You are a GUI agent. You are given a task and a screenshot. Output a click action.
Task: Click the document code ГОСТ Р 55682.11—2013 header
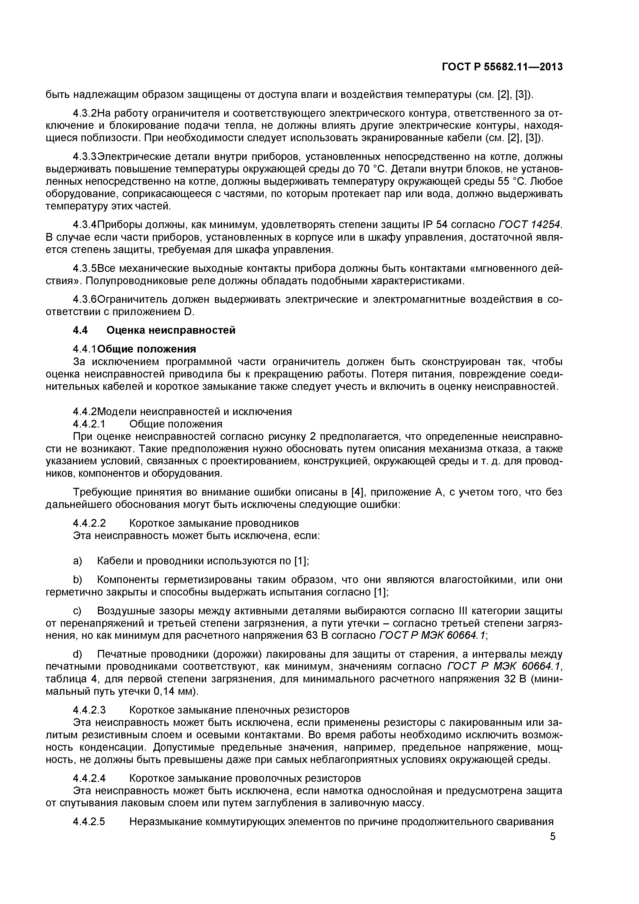[502, 67]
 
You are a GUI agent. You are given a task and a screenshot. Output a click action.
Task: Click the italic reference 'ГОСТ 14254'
[529, 225]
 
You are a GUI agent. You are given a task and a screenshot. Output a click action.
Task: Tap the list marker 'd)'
[78, 654]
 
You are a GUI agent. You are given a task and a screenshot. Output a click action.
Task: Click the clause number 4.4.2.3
[89, 710]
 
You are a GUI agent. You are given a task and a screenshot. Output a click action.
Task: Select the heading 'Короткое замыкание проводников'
[214, 523]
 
